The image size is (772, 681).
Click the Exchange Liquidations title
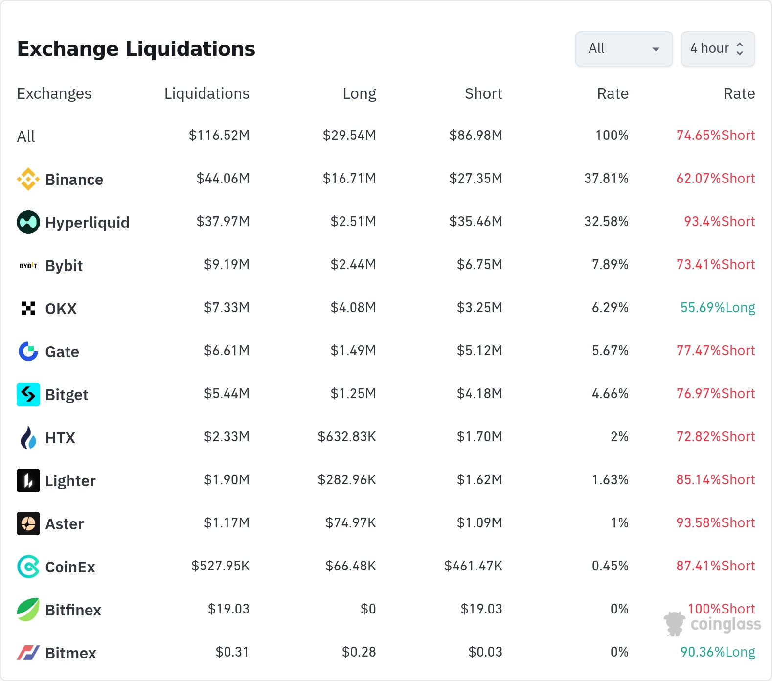[x=136, y=49]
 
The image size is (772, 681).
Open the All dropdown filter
[x=624, y=49]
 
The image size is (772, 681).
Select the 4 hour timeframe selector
[x=718, y=49]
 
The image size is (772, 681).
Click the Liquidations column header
[x=206, y=93]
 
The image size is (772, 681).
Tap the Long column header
[x=359, y=93]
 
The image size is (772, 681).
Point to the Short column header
[x=483, y=93]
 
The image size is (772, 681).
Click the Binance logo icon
[x=28, y=179]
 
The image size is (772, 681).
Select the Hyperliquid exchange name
[x=87, y=223]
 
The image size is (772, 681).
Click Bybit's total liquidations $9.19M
[x=227, y=265]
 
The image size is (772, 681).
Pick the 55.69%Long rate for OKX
[x=718, y=308]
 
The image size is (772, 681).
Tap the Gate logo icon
[x=28, y=351]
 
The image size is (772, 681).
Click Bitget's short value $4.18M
[x=479, y=394]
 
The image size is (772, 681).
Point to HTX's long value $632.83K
[x=347, y=437]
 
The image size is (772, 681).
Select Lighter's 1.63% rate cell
[x=610, y=480]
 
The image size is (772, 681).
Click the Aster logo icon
[x=28, y=523]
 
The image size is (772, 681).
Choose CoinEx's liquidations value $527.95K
[x=220, y=566]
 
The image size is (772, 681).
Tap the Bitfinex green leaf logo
[x=28, y=610]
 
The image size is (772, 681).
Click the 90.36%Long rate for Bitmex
[x=718, y=652]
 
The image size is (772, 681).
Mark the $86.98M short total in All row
[x=476, y=136]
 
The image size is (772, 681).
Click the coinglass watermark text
[x=726, y=625]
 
